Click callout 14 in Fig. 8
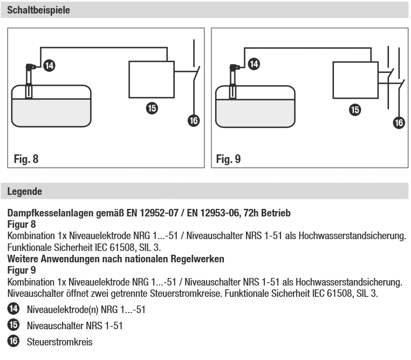tap(49, 65)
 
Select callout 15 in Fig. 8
tap(152, 108)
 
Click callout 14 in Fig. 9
tap(253, 64)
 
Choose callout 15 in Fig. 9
tap(355, 110)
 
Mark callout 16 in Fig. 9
tap(398, 123)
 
